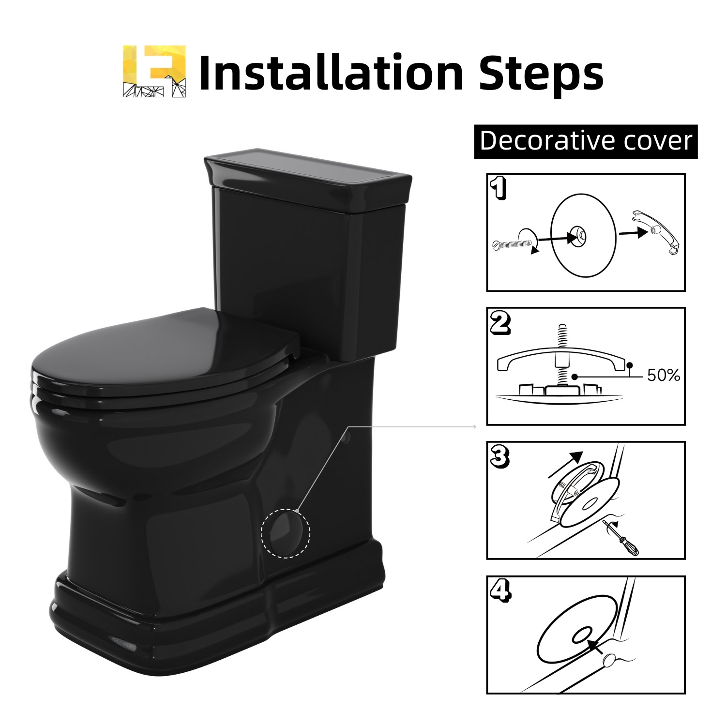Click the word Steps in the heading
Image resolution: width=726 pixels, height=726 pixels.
click(541, 74)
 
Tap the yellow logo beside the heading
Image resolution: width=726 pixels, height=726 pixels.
click(154, 72)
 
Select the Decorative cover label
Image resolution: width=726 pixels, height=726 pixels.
click(586, 141)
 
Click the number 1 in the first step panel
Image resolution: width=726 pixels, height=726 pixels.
click(499, 188)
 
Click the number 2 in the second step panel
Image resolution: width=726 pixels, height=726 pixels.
click(500, 323)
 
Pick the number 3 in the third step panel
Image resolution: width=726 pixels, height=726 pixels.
click(500, 457)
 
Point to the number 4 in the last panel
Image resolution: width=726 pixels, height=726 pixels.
click(500, 591)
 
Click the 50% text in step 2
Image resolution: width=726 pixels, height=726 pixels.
click(664, 376)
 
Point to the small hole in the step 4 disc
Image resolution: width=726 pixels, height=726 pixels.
click(581, 635)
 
